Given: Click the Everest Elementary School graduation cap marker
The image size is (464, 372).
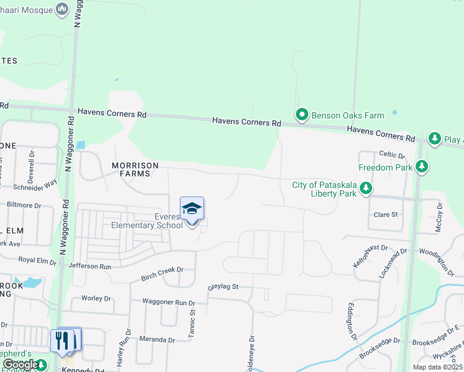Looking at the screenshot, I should [192, 209].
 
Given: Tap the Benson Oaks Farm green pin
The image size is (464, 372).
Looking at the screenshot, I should [301, 115].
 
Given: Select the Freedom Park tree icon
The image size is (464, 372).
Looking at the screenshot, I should [422, 166].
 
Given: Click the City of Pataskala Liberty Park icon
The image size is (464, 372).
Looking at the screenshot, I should [367, 188].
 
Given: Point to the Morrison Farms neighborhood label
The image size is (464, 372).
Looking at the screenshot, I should [135, 169].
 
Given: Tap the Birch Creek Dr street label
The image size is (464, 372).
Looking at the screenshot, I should [163, 270].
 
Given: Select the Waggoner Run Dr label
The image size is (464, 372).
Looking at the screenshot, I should [169, 302].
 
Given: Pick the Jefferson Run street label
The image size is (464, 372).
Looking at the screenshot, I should [90, 266].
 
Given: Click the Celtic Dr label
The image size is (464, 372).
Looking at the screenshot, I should [391, 154].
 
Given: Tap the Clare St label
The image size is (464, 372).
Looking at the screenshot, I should [385, 215].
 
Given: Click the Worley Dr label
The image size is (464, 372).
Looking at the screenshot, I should [96, 298].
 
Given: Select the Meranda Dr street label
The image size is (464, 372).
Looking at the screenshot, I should [158, 340].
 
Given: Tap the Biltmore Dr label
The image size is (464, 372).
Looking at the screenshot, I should [24, 205].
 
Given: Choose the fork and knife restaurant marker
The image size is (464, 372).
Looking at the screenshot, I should [62, 340].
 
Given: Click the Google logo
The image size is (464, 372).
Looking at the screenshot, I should [20, 365].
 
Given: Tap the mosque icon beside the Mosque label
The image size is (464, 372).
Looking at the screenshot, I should [61, 9].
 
